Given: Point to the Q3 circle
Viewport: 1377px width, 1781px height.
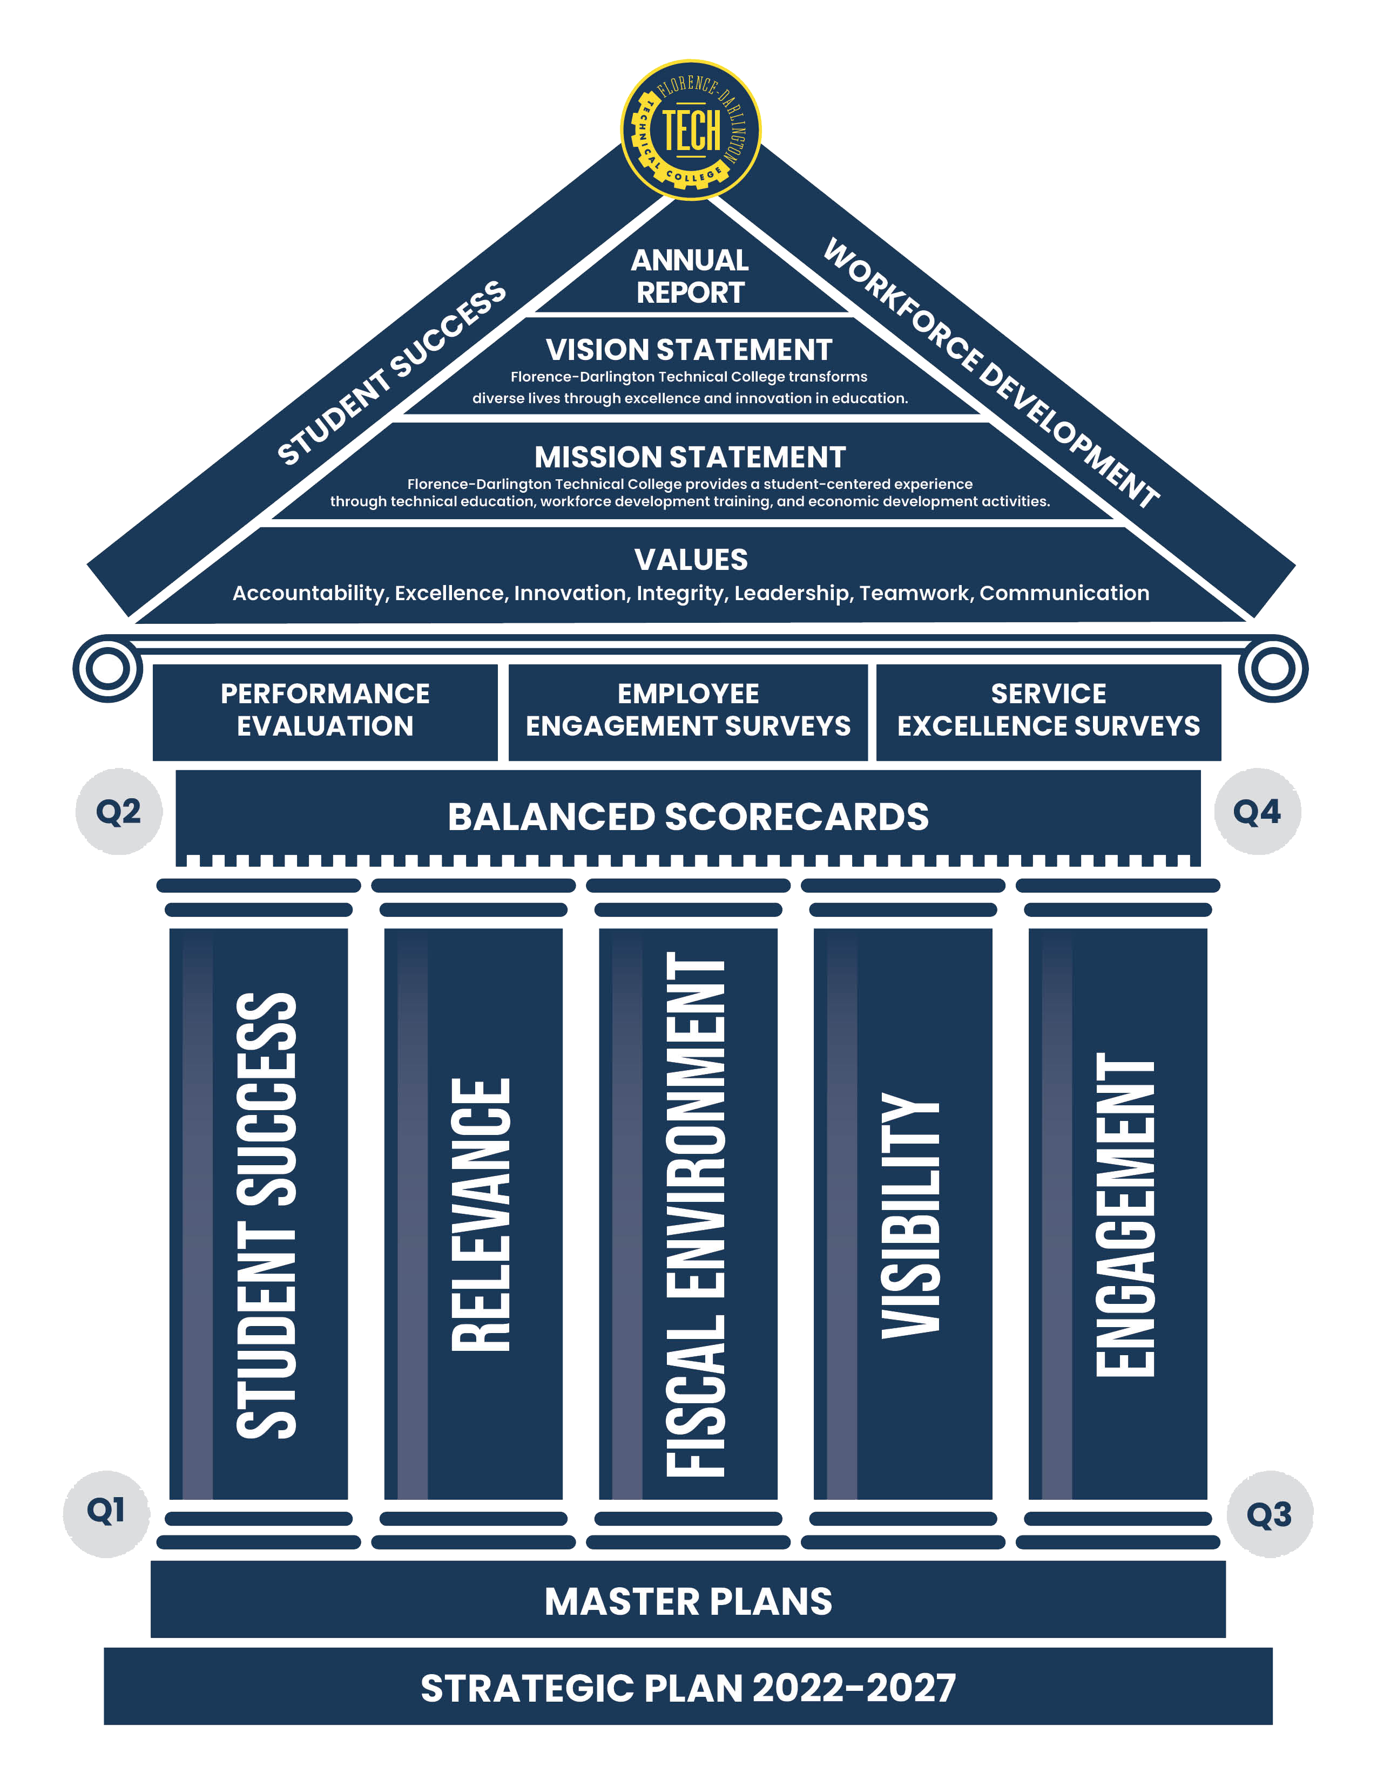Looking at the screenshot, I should (1270, 1514).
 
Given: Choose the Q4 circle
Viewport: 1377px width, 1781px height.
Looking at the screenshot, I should (1257, 811).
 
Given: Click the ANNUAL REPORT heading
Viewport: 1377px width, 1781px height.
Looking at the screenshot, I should (690, 276).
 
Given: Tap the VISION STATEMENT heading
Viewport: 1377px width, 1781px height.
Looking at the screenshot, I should (690, 350).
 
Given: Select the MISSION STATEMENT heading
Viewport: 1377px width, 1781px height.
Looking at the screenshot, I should (690, 457).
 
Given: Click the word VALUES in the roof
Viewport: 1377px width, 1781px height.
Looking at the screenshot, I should (691, 560).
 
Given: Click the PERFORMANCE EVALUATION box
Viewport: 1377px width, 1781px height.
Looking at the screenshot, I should (325, 710).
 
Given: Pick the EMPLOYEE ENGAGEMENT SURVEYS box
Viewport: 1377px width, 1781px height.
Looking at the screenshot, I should (687, 710).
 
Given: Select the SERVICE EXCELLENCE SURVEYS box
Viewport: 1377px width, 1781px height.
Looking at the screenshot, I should (1048, 710).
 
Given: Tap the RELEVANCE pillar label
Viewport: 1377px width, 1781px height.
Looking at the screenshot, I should (481, 1215).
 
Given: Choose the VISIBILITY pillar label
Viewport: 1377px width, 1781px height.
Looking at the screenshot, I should (910, 1215).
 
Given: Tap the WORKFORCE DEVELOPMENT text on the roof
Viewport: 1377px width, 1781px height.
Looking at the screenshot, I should (990, 373).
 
